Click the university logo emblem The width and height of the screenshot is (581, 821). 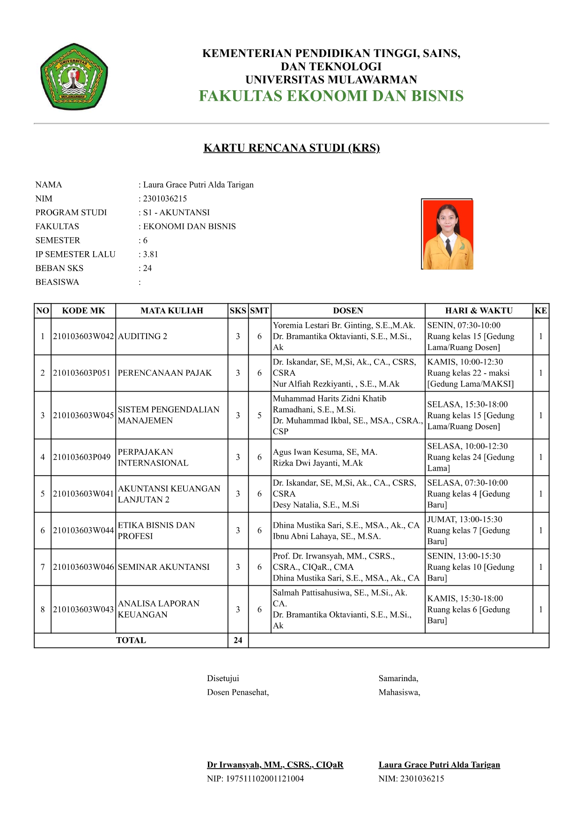pyautogui.click(x=74, y=77)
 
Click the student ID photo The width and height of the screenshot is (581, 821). pyautogui.click(x=448, y=234)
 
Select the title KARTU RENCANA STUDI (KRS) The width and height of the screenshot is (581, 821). pyautogui.click(x=291, y=148)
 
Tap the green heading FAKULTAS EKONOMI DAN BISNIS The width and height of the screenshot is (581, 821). pyautogui.click(x=331, y=96)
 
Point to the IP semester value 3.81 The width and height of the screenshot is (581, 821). pyautogui.click(x=150, y=254)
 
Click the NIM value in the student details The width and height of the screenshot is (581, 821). pyautogui.click(x=165, y=199)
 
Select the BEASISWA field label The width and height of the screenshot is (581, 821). pyautogui.click(x=57, y=282)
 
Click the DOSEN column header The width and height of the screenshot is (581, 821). pyautogui.click(x=348, y=311)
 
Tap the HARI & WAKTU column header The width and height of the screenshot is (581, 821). pyautogui.click(x=478, y=311)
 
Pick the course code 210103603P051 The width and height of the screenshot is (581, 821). pyautogui.click(x=82, y=373)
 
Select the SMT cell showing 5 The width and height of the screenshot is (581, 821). pyautogui.click(x=259, y=415)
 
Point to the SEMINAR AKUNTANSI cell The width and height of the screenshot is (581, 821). pyautogui.click(x=163, y=567)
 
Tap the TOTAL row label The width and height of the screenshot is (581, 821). pyautogui.click(x=131, y=640)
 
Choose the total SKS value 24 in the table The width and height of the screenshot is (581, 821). pyautogui.click(x=238, y=640)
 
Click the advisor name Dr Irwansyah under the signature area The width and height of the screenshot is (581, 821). pyautogui.click(x=275, y=765)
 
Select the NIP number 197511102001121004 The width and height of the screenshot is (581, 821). pyautogui.click(x=255, y=779)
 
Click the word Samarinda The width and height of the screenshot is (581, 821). pyautogui.click(x=398, y=678)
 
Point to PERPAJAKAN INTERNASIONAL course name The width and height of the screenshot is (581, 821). pyautogui.click(x=153, y=458)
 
